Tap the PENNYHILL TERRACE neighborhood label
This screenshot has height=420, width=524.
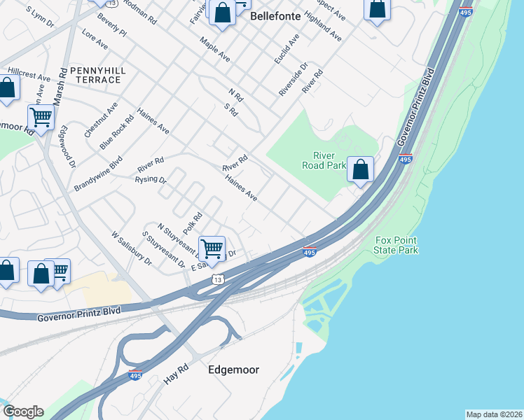96,76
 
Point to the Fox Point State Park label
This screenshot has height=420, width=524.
397,245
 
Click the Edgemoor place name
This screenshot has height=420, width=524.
233,369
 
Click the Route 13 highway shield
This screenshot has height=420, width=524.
219,280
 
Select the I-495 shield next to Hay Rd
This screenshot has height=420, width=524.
136,376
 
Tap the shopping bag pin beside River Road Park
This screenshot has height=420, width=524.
360,170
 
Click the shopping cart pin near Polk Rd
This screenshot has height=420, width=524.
212,248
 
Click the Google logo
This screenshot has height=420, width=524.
23,411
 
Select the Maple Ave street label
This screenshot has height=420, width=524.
214,50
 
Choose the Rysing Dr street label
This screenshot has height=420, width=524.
150,181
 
